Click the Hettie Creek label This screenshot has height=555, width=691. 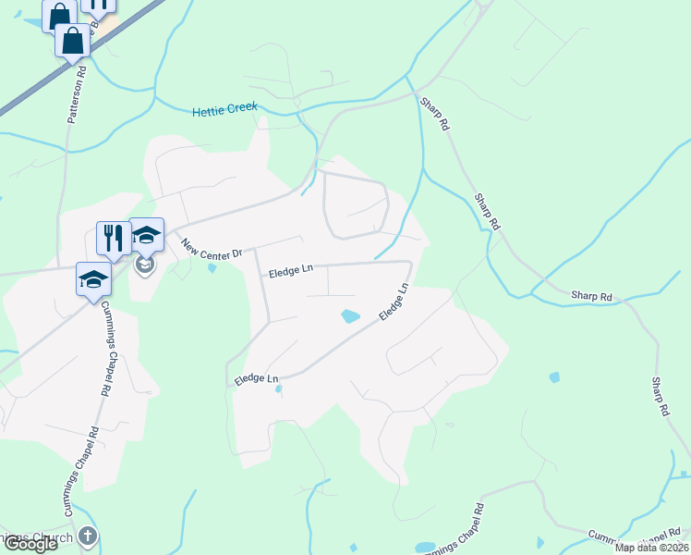[x=224, y=111]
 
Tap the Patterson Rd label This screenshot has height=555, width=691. [x=77, y=93]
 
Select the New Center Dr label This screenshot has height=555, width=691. [x=211, y=249]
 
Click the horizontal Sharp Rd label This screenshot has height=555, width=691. [x=591, y=296]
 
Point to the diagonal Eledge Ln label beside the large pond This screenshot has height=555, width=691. [x=394, y=302]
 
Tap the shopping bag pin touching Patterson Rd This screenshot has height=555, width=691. [x=71, y=41]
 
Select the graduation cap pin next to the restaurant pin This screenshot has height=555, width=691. [x=146, y=233]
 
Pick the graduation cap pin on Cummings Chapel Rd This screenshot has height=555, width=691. [x=93, y=278]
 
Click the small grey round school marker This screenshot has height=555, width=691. [x=144, y=266]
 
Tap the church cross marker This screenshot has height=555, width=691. [x=87, y=536]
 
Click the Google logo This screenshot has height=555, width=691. [x=30, y=544]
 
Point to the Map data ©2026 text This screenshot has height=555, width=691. [x=652, y=548]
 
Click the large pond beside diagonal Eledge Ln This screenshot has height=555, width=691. [x=350, y=316]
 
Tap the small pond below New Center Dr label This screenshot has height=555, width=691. [x=212, y=269]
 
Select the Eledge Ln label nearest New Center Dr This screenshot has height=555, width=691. [x=291, y=272]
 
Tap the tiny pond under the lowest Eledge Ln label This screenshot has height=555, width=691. [x=278, y=389]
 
